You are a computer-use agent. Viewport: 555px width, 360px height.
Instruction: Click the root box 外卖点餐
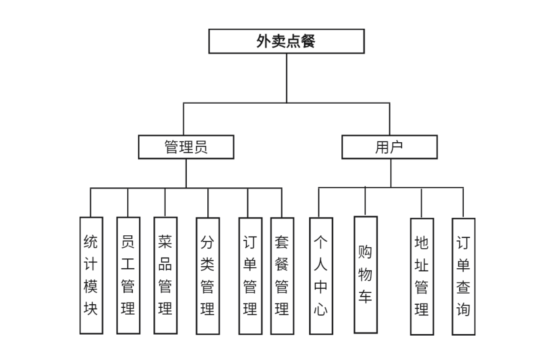point(286,41)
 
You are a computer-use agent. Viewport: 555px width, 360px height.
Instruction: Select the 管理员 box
point(186,147)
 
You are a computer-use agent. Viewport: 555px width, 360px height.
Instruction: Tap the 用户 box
point(389,147)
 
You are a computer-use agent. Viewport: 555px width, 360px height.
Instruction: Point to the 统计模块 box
point(91,275)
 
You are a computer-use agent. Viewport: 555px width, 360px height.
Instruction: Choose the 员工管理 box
point(128,275)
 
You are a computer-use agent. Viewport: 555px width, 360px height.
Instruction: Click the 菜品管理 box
point(165,275)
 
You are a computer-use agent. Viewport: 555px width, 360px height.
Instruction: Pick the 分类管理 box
point(208,276)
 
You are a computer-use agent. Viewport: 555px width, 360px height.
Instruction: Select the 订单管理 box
point(250,276)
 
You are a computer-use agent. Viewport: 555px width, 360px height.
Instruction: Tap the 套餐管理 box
point(282,276)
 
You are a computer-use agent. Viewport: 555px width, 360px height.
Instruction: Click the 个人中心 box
point(321,276)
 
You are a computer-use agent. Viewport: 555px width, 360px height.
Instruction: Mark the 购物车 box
point(365,274)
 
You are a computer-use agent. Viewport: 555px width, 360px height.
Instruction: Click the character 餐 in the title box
point(308,42)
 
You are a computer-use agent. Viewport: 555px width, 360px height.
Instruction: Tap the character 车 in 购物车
point(365,297)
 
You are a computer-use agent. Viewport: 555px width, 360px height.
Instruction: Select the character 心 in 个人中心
point(321,309)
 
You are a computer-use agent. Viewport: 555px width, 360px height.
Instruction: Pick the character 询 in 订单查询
point(463,309)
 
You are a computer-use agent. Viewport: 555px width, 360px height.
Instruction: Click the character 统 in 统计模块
point(91,242)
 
